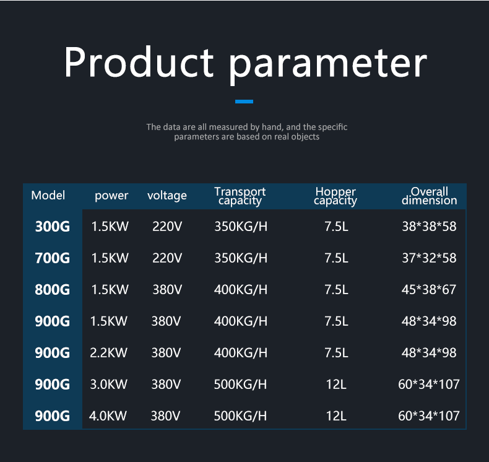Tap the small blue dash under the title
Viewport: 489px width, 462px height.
tap(244, 101)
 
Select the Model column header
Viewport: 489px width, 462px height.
tap(48, 196)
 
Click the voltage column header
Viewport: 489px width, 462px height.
tap(167, 196)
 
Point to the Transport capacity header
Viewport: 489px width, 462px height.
tap(240, 196)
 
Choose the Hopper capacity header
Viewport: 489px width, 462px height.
tap(335, 196)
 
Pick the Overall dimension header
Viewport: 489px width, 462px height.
tap(429, 196)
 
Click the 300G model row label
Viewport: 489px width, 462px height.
tap(53, 227)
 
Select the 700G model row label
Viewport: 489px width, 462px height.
tap(53, 258)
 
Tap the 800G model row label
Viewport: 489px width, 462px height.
tap(53, 289)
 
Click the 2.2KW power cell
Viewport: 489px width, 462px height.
tap(108, 352)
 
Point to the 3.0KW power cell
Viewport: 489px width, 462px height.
tap(108, 384)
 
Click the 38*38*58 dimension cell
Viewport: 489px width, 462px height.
tap(429, 227)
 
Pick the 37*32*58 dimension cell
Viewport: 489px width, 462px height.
tap(429, 258)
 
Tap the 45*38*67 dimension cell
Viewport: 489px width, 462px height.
tap(429, 289)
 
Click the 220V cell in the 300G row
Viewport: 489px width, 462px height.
tap(167, 227)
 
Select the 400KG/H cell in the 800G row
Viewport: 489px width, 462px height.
tap(241, 289)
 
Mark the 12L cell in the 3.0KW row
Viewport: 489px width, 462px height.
tap(336, 384)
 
